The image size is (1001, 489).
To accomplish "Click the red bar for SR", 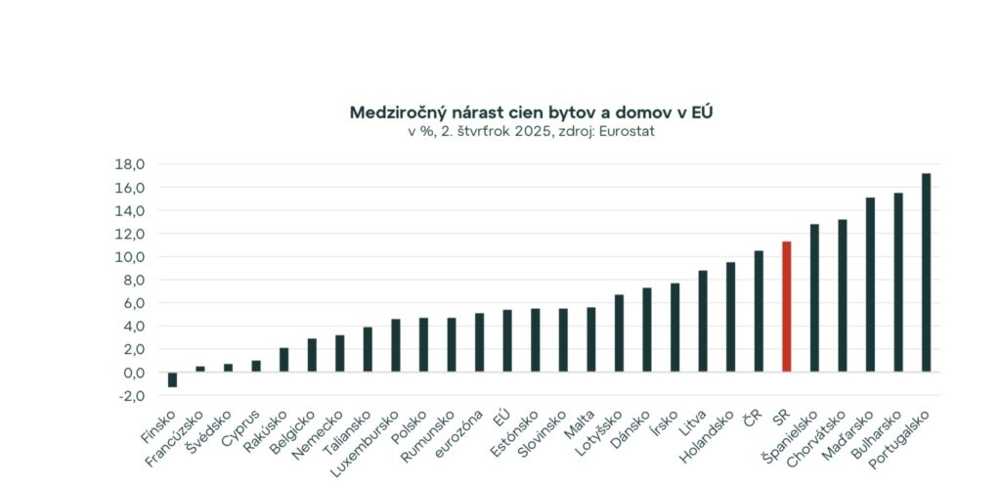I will (x=786, y=307).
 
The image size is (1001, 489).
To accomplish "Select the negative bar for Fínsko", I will (x=172, y=379).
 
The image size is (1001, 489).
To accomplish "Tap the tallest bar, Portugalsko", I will (x=926, y=273).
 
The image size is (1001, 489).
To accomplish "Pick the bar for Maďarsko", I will (x=870, y=285).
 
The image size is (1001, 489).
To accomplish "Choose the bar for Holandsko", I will (x=730, y=317).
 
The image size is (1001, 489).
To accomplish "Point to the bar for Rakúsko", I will (x=283, y=360).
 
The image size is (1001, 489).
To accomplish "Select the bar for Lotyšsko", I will (x=619, y=333).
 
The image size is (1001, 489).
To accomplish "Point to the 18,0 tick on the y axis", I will (x=130, y=164).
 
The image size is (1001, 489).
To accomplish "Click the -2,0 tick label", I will (x=130, y=396).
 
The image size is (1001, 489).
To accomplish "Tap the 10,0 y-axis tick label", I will (x=130, y=257).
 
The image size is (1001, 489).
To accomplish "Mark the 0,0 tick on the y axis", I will (x=132, y=373).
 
